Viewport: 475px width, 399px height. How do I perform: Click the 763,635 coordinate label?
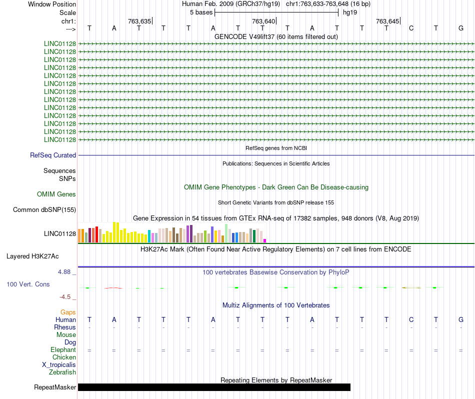[139, 21]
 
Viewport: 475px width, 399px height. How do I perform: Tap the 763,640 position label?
[263, 21]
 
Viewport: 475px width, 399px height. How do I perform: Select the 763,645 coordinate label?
[387, 21]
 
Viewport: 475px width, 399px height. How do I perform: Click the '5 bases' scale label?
[201, 12]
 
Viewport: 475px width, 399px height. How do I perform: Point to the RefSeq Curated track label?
[53, 155]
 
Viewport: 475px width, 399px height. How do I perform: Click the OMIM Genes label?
[56, 194]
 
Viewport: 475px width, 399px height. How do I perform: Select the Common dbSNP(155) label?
[44, 209]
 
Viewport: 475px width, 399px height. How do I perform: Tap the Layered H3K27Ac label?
[32, 256]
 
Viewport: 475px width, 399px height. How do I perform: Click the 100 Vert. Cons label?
[28, 284]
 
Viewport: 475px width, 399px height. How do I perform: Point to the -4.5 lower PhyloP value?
[65, 297]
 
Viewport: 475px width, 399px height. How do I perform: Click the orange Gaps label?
[68, 312]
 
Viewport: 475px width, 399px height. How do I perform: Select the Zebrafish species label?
[62, 372]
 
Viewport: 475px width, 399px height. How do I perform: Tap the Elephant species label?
[63, 349]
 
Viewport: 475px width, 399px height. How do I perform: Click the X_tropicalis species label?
[59, 365]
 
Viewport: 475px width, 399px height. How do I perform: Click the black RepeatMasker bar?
[214, 387]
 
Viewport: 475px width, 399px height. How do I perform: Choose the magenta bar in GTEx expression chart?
[265, 241]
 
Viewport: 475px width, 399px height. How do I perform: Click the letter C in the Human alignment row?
[411, 319]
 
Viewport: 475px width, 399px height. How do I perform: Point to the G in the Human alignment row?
[461, 319]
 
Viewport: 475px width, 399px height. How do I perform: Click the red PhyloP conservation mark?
[113, 288]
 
